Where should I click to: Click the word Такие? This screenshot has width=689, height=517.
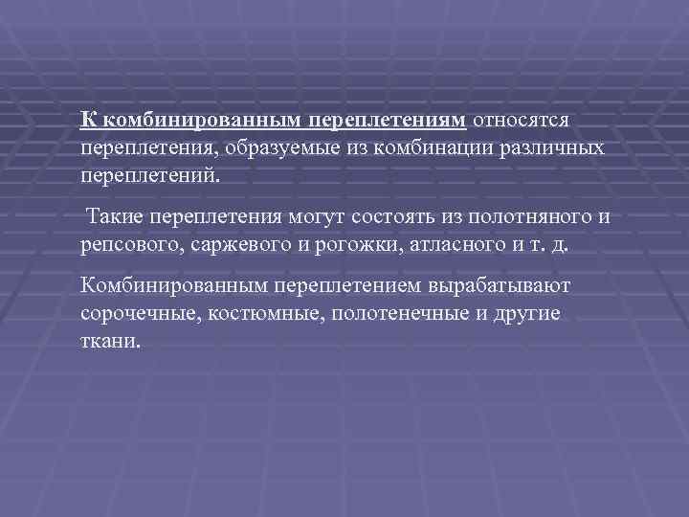(115, 216)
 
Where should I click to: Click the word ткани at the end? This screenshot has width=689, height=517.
(110, 341)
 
